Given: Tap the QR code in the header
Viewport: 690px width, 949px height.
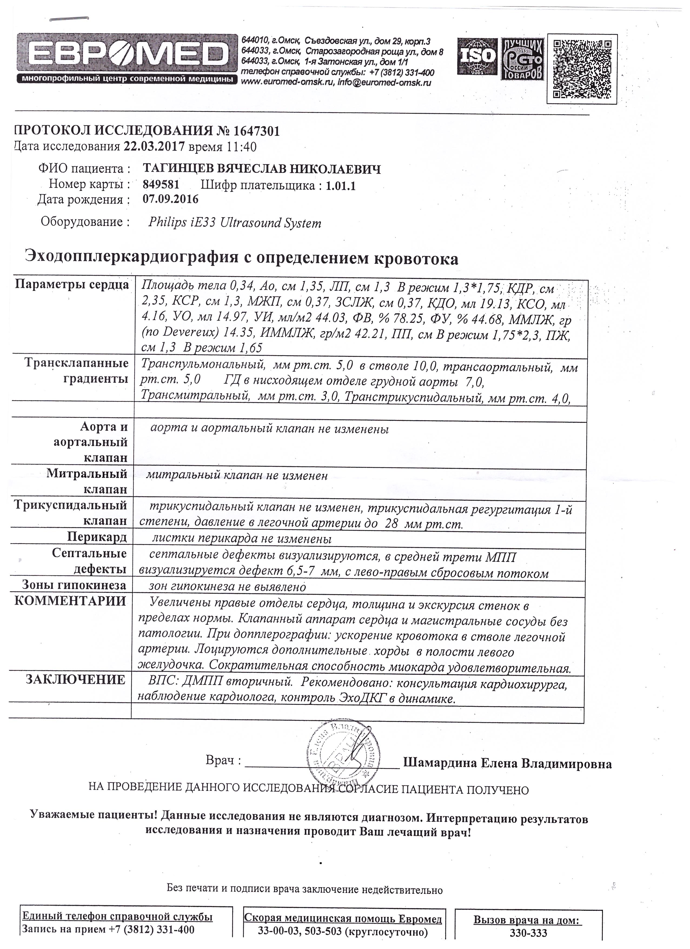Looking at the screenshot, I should point(582,69).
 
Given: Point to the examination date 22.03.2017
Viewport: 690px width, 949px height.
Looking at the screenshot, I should point(154,147).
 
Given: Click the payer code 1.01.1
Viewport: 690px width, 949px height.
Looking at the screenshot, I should point(341,185).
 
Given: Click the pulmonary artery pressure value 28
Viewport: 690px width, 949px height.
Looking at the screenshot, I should point(391,524).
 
